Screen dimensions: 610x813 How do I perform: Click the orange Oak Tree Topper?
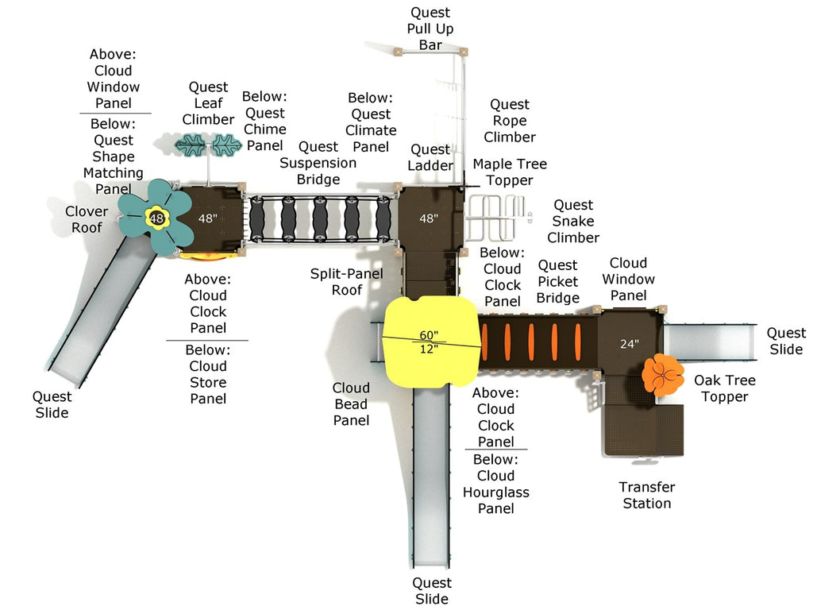pyautogui.click(x=662, y=375)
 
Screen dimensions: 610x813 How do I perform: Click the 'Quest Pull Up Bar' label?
pyautogui.click(x=430, y=29)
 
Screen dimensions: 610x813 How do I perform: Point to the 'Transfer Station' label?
pyautogui.click(x=646, y=495)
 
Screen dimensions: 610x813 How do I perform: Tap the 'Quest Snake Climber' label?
pyautogui.click(x=573, y=222)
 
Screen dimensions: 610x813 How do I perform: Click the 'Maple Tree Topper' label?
pyautogui.click(x=510, y=172)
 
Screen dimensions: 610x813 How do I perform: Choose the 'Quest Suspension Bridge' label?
pyautogui.click(x=318, y=163)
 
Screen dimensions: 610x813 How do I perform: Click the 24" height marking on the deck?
pyautogui.click(x=629, y=344)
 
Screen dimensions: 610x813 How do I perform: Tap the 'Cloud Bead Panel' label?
pyautogui.click(x=351, y=403)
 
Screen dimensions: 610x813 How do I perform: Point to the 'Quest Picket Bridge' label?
pyautogui.click(x=557, y=281)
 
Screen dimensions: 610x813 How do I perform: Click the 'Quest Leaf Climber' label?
pyautogui.click(x=208, y=103)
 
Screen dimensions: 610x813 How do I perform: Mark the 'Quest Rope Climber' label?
pyautogui.click(x=510, y=121)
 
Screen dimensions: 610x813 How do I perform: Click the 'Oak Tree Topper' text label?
pyautogui.click(x=725, y=388)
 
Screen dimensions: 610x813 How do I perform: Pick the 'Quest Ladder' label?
pyautogui.click(x=430, y=157)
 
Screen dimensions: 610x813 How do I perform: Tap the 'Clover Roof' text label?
pyautogui.click(x=87, y=219)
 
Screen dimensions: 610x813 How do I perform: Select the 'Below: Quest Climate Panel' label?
pyautogui.click(x=371, y=122)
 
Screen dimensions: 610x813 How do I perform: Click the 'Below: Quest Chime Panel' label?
pyautogui.click(x=264, y=121)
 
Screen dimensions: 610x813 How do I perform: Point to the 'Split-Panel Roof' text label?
pyautogui.click(x=346, y=282)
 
